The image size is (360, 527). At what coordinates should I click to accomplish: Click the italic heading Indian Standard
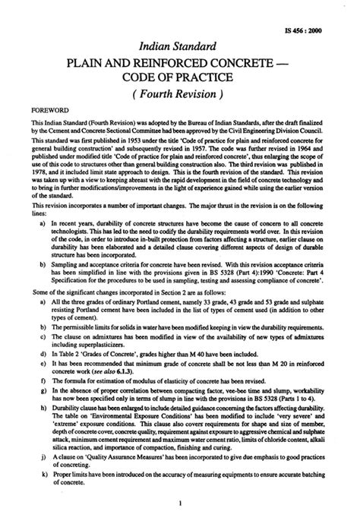click(179, 43)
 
